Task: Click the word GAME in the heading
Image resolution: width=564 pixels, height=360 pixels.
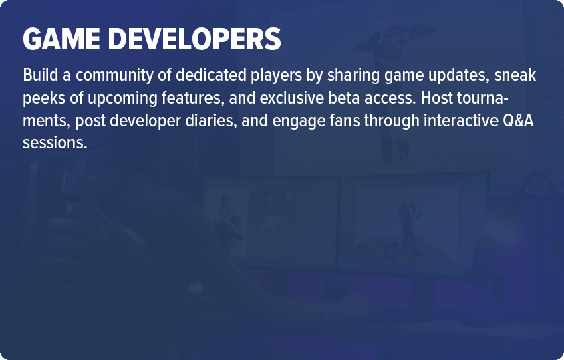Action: (61, 39)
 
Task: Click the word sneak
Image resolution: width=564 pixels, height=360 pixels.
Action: (515, 75)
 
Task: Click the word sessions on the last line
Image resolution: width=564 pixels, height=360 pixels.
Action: (55, 143)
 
